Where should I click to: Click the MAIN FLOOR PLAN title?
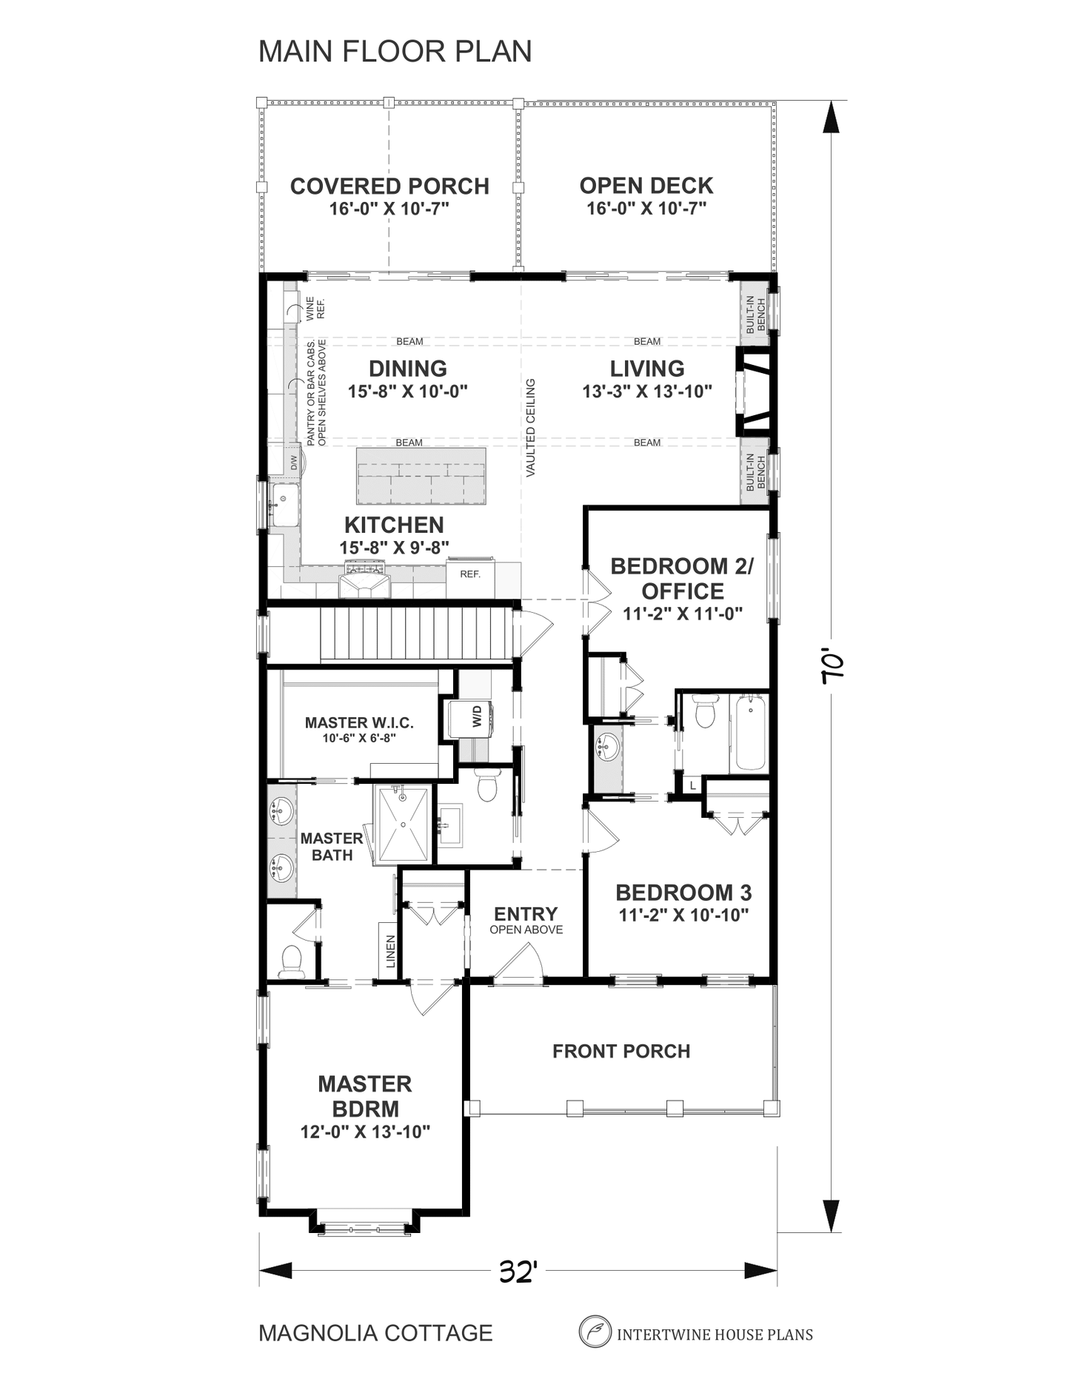pos(395,51)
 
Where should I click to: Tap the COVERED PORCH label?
pos(389,186)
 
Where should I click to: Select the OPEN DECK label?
pos(646,185)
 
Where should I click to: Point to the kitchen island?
pos(421,476)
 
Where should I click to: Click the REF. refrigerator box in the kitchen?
pos(470,579)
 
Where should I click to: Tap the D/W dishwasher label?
pos(294,463)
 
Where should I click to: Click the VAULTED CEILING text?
pos(530,428)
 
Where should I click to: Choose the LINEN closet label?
pos(390,951)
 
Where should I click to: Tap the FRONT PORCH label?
pos(621,1051)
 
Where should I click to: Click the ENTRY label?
pos(526,913)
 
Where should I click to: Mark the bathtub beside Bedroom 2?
pos(750,733)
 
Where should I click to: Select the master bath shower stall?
pos(404,824)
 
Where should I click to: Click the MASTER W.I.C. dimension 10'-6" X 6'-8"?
pos(359,738)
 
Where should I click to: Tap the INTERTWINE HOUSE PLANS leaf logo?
pos(594,1331)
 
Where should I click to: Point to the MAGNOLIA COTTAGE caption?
pos(375,1333)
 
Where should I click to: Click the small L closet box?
pos(692,785)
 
